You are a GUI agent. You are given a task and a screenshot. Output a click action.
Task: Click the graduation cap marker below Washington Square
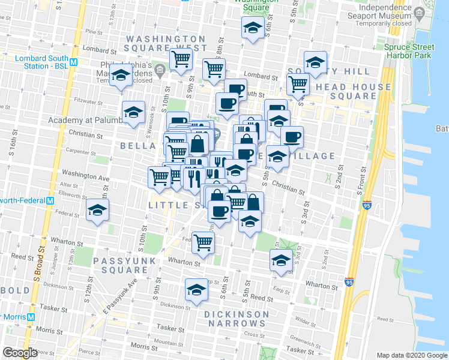[x=253, y=28]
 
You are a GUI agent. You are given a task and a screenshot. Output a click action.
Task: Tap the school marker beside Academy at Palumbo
[x=133, y=112]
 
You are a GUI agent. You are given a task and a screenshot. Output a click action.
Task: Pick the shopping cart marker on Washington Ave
[x=159, y=177]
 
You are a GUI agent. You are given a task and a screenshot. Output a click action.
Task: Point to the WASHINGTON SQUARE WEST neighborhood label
[x=166, y=43]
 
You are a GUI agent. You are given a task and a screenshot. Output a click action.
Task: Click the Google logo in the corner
[x=20, y=353]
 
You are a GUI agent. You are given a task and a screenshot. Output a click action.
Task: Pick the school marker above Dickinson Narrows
[x=195, y=290]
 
